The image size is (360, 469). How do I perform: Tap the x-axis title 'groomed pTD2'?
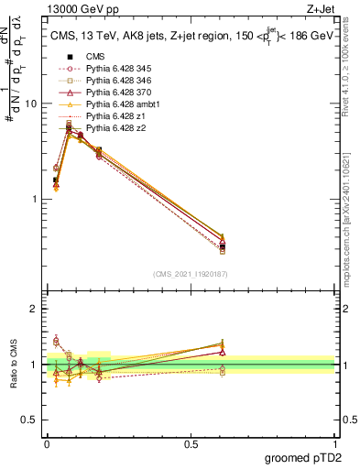(304, 458)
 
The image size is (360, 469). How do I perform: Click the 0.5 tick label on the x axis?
(191, 443)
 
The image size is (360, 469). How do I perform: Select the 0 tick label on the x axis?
(47, 443)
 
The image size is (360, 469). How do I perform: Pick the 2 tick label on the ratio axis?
(33, 309)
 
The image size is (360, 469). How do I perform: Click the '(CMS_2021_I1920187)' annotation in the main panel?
(190, 274)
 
